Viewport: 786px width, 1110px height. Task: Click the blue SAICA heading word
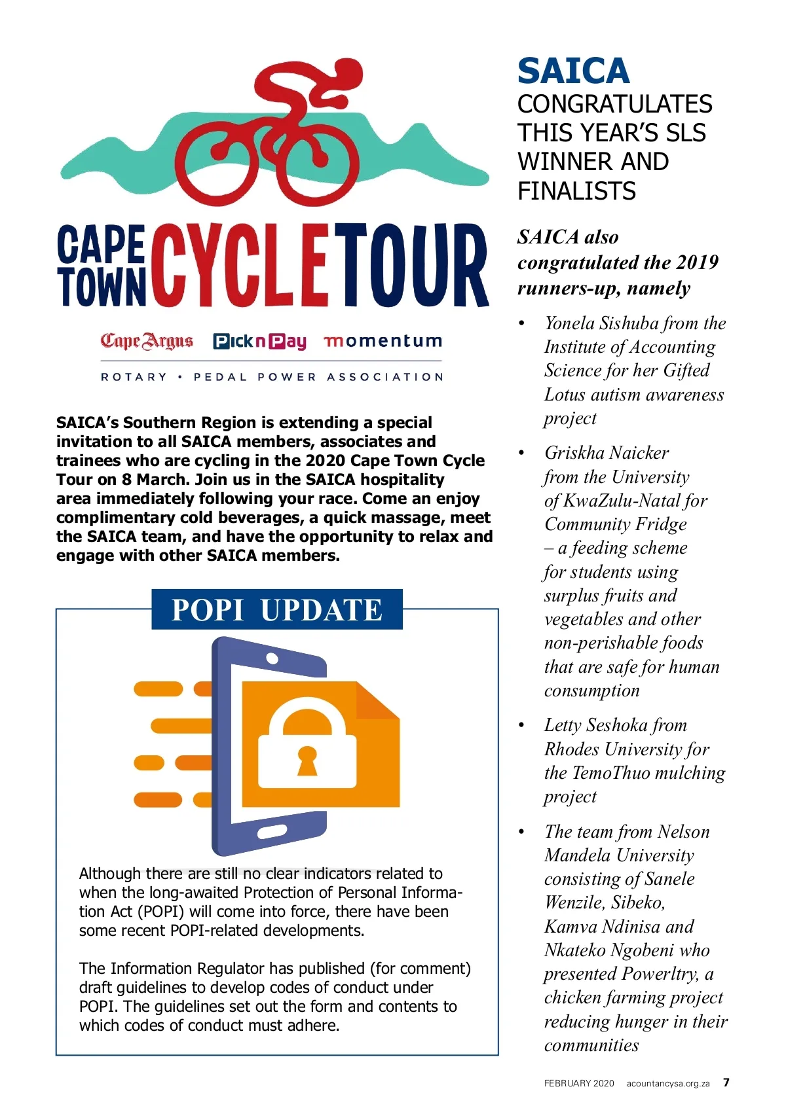(573, 71)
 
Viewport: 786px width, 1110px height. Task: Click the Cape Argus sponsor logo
(147, 341)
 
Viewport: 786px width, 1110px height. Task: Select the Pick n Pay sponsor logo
(260, 341)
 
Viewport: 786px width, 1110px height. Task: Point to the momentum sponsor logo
(383, 341)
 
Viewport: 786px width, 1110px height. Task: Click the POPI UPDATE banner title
(276, 610)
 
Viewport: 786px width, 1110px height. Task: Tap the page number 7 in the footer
(726, 1083)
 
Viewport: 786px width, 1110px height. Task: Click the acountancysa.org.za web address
(668, 1083)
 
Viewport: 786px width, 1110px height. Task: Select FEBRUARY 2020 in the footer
(579, 1083)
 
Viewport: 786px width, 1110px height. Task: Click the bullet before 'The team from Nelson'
(522, 832)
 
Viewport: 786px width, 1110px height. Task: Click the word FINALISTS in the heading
(576, 191)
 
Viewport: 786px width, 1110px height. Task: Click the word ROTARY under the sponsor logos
(134, 377)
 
